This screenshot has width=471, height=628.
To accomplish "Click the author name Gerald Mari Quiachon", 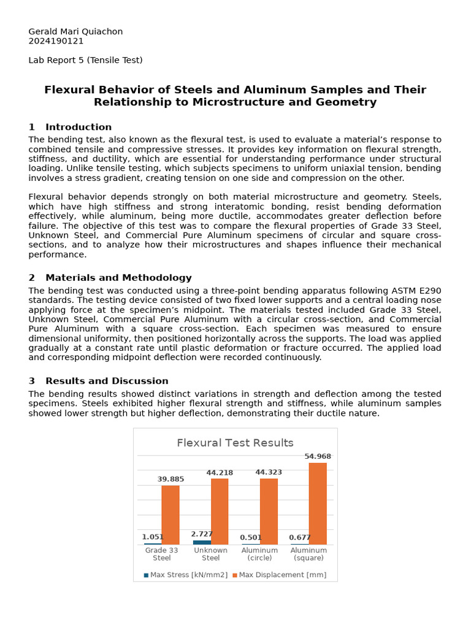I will (75, 31).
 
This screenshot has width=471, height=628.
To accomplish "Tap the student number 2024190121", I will (56, 41).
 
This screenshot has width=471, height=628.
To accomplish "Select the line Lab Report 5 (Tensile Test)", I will (85, 60).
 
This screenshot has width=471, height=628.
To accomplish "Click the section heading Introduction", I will (78, 127).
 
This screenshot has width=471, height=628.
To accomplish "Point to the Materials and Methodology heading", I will (118, 278).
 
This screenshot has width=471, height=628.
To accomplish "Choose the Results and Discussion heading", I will (106, 381).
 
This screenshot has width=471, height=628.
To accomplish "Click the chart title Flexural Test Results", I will (235, 443).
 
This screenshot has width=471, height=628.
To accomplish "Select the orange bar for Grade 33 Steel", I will (170, 515).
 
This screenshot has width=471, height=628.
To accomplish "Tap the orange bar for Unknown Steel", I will (220, 511).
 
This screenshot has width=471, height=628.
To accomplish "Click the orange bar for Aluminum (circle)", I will (269, 511).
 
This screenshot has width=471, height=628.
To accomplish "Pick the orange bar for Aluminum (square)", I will (318, 504).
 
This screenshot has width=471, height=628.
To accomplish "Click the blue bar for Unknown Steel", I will (202, 542).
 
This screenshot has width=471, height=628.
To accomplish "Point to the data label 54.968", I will (318, 456).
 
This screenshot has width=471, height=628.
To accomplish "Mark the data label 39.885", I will (170, 479).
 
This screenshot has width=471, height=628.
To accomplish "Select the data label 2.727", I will (202, 534).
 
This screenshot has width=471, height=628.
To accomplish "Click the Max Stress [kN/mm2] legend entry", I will (185, 575).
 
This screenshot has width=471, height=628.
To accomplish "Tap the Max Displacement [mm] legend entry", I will (279, 575).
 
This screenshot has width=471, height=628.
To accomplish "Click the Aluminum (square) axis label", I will (308, 554).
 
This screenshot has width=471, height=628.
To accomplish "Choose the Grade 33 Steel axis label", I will (161, 554).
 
